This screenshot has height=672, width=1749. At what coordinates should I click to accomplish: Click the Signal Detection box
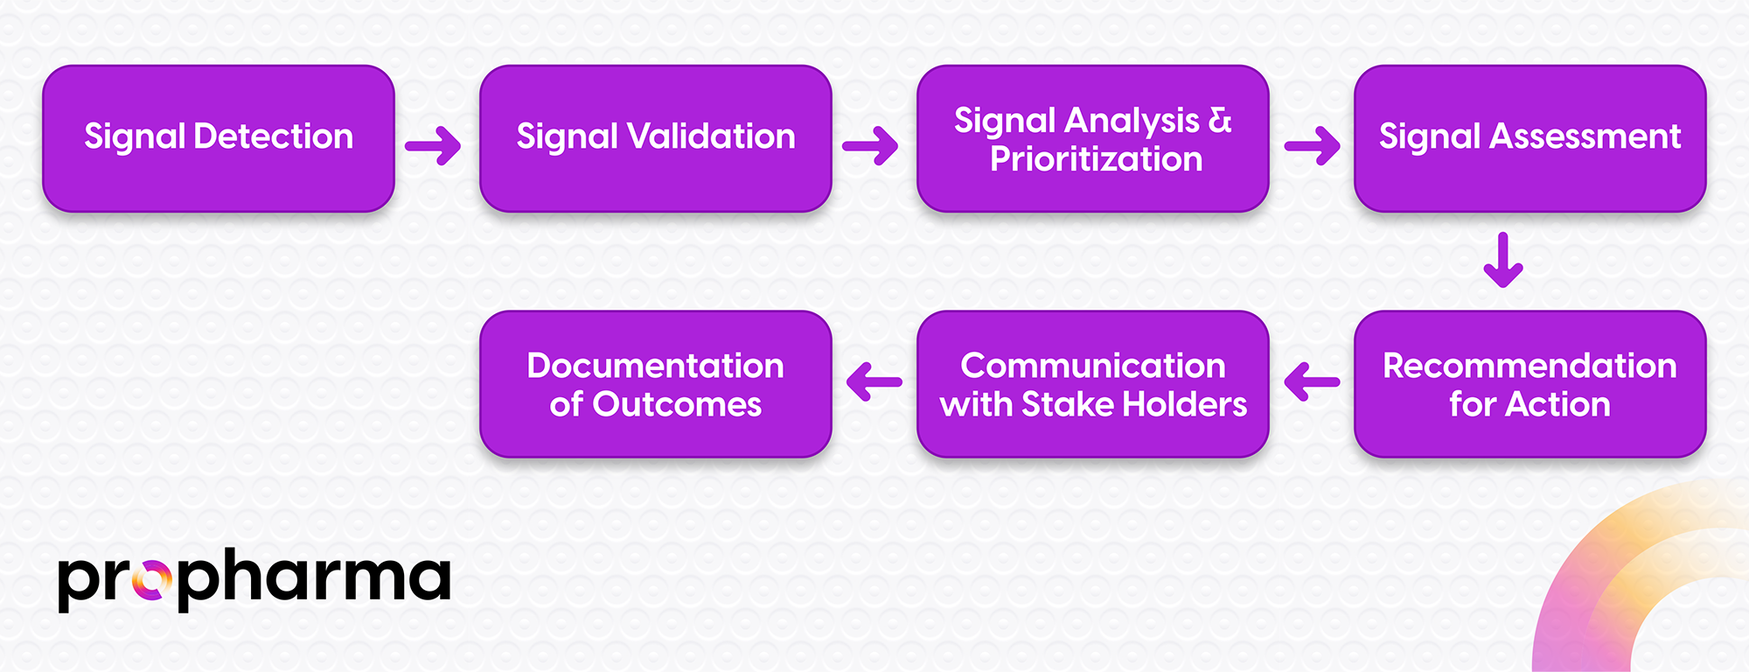tap(219, 138)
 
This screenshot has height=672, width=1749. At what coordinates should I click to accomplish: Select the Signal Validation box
tap(656, 138)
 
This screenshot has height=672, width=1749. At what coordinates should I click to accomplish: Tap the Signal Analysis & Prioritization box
tap(1093, 138)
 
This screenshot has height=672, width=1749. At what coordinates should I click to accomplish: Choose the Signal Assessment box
tap(1530, 138)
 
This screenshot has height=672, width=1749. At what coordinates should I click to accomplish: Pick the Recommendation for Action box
tap(1530, 384)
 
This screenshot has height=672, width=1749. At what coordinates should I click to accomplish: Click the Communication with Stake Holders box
tap(1093, 384)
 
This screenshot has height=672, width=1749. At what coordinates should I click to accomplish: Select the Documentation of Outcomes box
tap(656, 384)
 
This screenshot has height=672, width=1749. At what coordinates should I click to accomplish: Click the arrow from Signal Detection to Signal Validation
tap(434, 145)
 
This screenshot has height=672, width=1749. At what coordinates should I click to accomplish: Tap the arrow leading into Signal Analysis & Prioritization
tap(871, 145)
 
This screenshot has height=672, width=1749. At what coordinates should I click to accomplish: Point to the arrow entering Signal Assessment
tap(1313, 145)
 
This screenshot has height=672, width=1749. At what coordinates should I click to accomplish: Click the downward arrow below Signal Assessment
tap(1503, 260)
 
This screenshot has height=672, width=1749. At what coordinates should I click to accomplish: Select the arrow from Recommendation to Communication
tap(1312, 381)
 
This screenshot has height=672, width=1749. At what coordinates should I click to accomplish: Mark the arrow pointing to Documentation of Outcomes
tap(874, 381)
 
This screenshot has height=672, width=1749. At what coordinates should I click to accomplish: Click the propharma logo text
tap(254, 579)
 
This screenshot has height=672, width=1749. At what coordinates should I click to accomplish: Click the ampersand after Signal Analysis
tap(1220, 121)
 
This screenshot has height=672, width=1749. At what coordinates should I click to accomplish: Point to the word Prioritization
tap(1097, 159)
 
